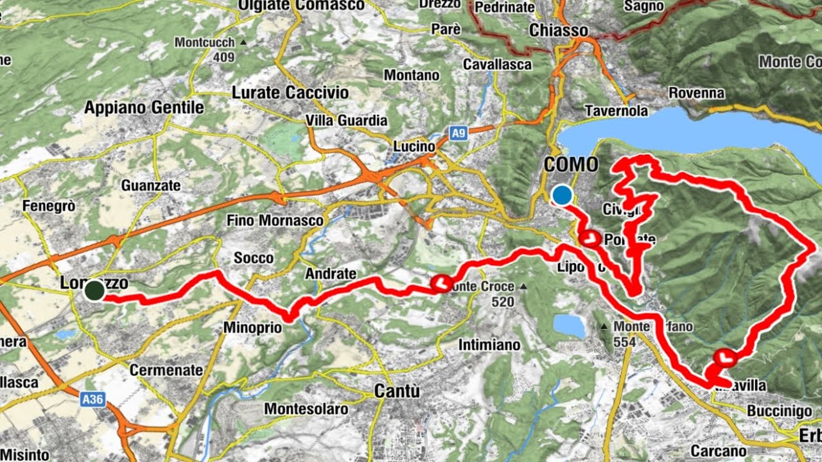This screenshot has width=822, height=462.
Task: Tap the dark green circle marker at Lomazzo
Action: [x=94, y=290]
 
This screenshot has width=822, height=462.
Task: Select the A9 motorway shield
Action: [x=457, y=133]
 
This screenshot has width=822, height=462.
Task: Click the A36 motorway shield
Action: [x=93, y=399]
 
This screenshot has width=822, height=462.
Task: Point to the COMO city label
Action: [x=570, y=165]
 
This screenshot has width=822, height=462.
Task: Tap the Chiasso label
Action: [x=559, y=30]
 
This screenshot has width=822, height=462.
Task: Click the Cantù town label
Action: [x=398, y=390]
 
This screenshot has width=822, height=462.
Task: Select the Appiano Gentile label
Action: [x=144, y=107]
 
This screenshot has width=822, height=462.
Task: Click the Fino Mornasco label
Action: [x=275, y=220]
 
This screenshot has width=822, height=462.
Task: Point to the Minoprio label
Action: [x=252, y=327]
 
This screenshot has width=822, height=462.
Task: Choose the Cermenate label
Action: [x=166, y=370]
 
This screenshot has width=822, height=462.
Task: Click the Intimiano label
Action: [x=489, y=345]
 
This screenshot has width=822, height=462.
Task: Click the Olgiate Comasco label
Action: [x=301, y=6]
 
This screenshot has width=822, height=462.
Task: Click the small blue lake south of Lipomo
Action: [x=569, y=325]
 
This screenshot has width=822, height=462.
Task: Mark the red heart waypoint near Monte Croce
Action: [x=442, y=283]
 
